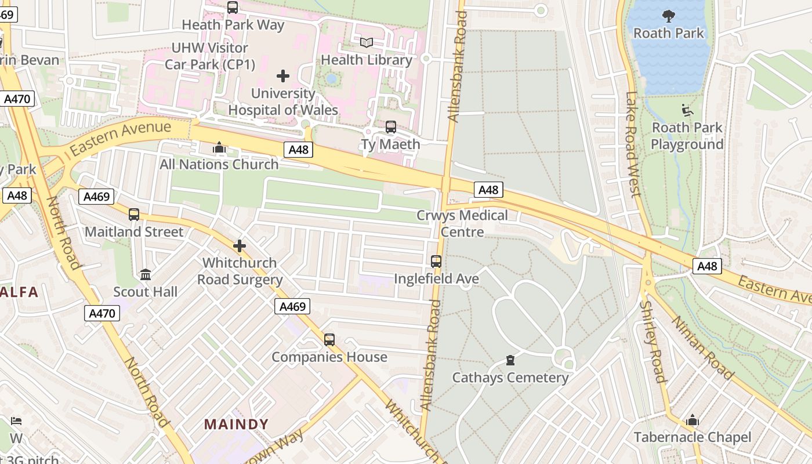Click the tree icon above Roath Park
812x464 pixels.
(668, 16)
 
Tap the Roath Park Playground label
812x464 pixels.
(687, 136)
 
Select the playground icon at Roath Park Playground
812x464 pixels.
(687, 110)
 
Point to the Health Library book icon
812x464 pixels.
(366, 42)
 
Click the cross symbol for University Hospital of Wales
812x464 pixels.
(283, 76)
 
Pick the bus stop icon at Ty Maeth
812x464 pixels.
(391, 127)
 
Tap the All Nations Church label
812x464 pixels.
(219, 164)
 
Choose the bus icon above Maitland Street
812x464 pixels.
(134, 215)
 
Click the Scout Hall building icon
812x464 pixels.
(146, 274)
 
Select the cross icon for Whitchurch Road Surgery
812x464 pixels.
(240, 246)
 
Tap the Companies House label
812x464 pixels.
(329, 357)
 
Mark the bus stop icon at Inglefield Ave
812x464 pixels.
(436, 262)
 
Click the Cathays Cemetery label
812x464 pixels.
(510, 378)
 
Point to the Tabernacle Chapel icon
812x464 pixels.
(692, 420)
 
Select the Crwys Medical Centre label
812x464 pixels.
(462, 223)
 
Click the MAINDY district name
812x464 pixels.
(237, 424)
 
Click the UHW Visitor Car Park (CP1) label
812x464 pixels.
(210, 56)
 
